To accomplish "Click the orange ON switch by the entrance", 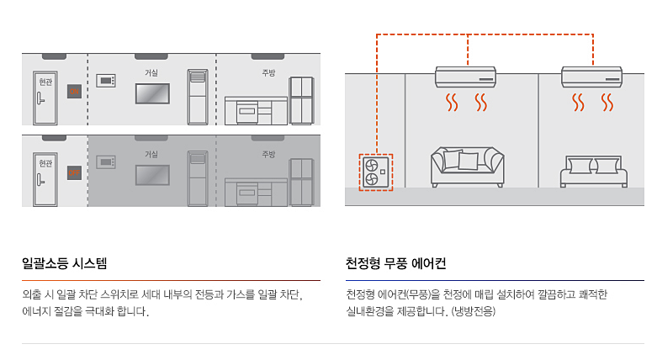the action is click(x=74, y=92).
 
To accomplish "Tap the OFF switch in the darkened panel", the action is click(x=74, y=172).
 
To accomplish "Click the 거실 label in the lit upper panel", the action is click(x=151, y=72).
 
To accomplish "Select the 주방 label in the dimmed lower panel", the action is click(x=268, y=154).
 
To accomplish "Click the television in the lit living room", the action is click(x=152, y=93).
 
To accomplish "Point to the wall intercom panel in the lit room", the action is click(x=106, y=81).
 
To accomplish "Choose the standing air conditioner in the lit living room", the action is click(x=198, y=97).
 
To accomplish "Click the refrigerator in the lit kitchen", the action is click(x=301, y=101).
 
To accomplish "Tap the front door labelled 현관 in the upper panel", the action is click(x=45, y=98).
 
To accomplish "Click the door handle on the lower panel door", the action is click(x=40, y=180).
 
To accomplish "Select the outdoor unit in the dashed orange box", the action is click(x=376, y=172).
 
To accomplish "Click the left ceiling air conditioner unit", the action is click(x=465, y=77).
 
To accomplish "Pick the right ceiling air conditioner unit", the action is click(x=591, y=77).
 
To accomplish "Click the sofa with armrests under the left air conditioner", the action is click(x=467, y=167).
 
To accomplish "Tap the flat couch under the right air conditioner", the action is click(x=594, y=172).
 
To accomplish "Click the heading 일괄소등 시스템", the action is click(x=65, y=263).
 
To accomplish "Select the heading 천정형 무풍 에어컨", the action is click(x=395, y=263).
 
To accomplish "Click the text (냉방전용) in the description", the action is click(x=473, y=311).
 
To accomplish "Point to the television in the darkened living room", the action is click(x=152, y=175).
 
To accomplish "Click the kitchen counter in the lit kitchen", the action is click(x=256, y=111).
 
